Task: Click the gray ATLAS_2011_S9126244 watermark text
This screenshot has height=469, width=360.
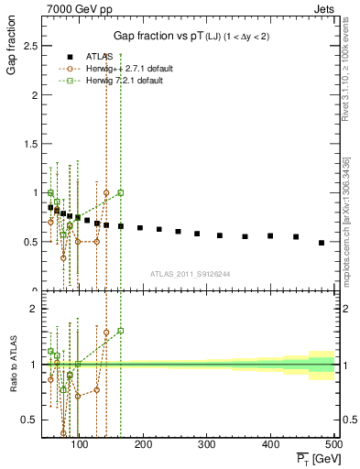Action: (x=189, y=273)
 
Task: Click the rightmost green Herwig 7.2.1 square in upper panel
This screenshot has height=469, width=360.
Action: (x=121, y=192)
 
